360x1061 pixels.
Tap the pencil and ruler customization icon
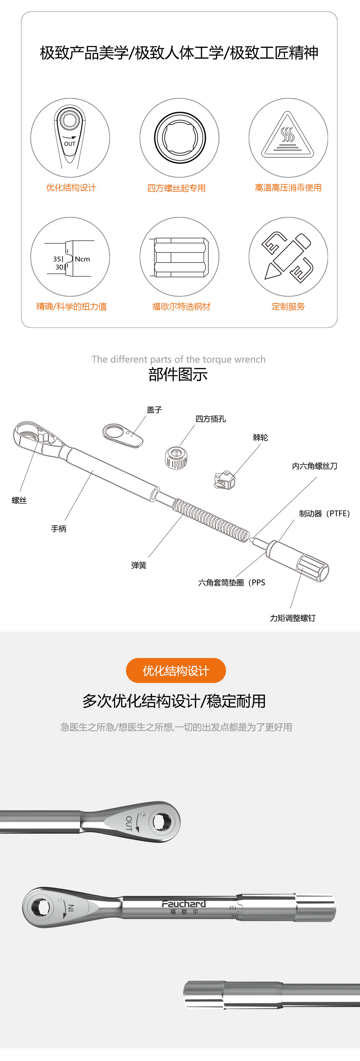click(288, 257)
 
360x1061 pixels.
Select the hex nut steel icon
click(179, 257)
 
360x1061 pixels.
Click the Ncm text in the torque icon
click(82, 259)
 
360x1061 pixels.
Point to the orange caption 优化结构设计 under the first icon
click(71, 188)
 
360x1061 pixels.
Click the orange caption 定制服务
click(288, 306)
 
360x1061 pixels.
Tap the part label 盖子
click(154, 409)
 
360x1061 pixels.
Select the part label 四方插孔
click(210, 419)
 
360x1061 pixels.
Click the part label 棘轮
click(260, 437)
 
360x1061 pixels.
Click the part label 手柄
click(58, 528)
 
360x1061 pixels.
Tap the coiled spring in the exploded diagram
click(210, 519)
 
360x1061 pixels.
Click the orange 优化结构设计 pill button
click(176, 671)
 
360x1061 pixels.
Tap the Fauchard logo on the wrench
click(184, 903)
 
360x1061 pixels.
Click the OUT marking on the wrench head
click(129, 823)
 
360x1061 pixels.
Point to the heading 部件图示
click(178, 374)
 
